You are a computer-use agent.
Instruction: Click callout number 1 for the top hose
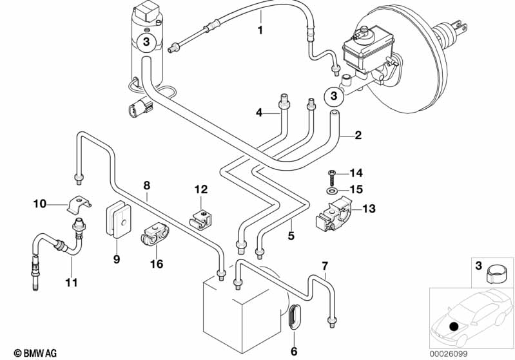(x=260, y=30)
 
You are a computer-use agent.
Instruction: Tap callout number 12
(x=201, y=189)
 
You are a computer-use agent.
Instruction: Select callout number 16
(x=157, y=263)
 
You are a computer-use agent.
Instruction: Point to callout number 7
(x=325, y=265)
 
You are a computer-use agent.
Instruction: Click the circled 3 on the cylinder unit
(x=146, y=42)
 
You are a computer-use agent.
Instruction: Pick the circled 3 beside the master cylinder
(x=334, y=96)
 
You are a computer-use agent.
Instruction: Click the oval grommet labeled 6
(x=294, y=316)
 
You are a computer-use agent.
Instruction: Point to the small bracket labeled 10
(x=79, y=205)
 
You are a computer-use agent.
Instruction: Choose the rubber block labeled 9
(x=118, y=218)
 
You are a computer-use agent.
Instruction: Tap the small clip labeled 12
(x=201, y=218)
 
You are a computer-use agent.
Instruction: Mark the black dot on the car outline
(x=454, y=327)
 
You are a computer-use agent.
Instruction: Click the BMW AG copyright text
(x=35, y=353)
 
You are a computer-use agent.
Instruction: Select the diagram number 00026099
(x=449, y=354)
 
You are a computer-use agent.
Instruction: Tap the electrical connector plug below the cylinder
(x=141, y=108)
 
